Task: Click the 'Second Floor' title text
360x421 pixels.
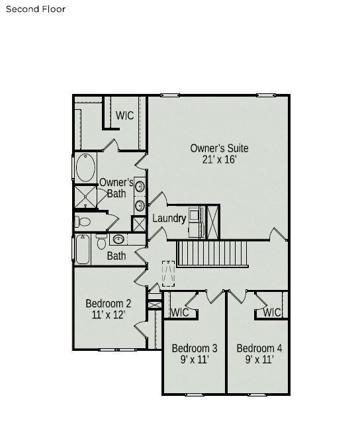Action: pos(36,9)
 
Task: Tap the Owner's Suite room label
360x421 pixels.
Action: pos(220,148)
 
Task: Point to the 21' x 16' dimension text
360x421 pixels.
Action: pos(220,160)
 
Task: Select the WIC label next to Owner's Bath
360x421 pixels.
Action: pos(124,115)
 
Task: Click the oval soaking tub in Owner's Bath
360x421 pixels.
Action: pos(85,167)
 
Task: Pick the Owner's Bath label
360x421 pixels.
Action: pos(116,188)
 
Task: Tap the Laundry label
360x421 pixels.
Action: pos(169,218)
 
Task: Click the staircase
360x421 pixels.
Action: pos(211,254)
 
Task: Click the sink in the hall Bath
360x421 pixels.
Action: pos(118,239)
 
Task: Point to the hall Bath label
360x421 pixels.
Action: pos(116,256)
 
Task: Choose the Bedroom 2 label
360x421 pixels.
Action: pos(109,304)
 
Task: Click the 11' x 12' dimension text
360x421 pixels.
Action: pos(109,315)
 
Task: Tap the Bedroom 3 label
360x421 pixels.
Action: pos(195,348)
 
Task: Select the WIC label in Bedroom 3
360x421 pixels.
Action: pos(180,312)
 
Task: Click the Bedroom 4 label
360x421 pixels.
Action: pos(259,348)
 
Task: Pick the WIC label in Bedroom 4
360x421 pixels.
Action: pos(272,312)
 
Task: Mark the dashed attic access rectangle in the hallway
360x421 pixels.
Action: pos(169,273)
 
